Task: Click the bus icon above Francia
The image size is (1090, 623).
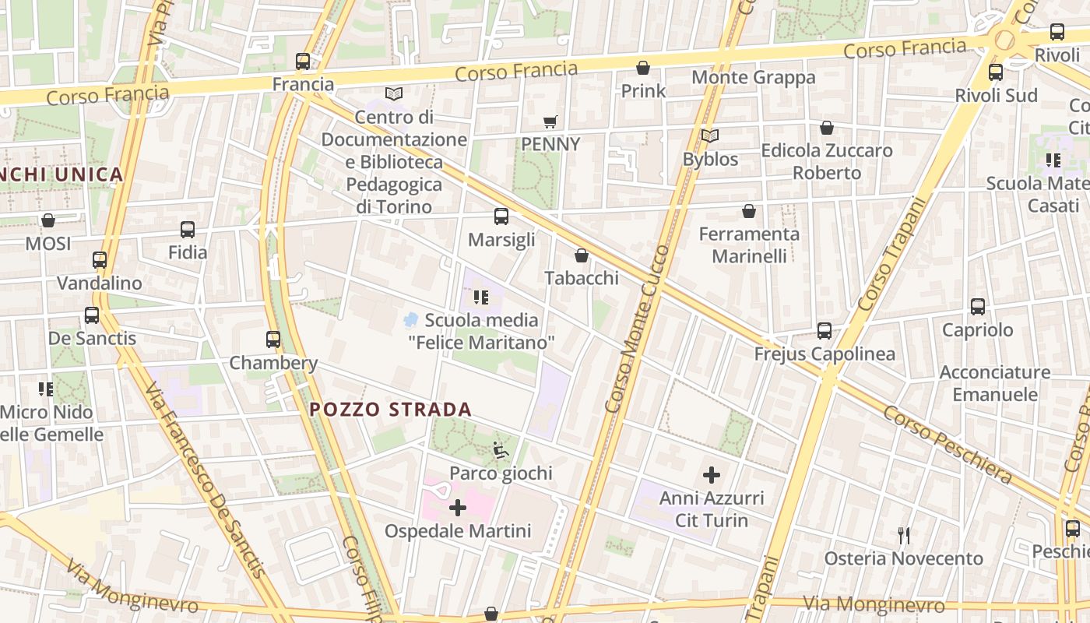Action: [x=303, y=61]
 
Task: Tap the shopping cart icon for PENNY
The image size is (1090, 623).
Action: [x=550, y=121]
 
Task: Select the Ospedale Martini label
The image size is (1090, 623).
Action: [x=458, y=531]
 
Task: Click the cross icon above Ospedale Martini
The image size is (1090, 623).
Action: [x=458, y=509]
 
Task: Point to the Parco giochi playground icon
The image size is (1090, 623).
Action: [x=501, y=450]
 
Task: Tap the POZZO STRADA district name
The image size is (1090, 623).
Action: [x=390, y=410]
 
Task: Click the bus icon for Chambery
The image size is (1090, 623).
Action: [x=272, y=340]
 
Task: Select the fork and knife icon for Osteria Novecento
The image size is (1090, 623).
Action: [x=904, y=536]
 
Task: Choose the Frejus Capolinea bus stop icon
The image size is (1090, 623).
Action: [x=825, y=331]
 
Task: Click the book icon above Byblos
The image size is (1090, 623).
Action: [x=710, y=136]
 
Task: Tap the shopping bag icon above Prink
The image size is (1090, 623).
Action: [x=643, y=68]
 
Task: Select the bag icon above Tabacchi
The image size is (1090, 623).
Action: [x=582, y=255]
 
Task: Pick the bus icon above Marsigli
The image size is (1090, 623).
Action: [x=501, y=216]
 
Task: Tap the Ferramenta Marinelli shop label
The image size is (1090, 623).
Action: [x=749, y=245]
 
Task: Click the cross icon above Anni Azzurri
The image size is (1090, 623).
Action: [x=712, y=474]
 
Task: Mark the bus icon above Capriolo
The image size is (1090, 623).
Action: [x=978, y=307]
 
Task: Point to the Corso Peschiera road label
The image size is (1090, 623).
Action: [x=947, y=444]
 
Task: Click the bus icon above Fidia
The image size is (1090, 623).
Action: [x=188, y=230]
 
